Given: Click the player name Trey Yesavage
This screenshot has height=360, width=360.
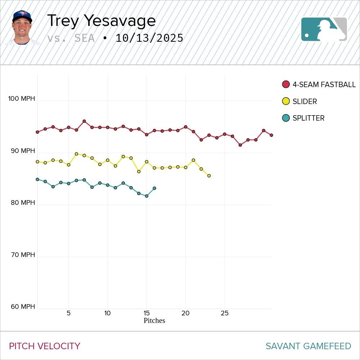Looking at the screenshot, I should [101, 21].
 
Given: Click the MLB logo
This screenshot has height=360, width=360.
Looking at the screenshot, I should [324, 29].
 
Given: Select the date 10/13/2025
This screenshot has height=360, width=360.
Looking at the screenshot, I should [149, 38].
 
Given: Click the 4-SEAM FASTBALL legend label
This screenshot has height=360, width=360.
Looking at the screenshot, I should [324, 85].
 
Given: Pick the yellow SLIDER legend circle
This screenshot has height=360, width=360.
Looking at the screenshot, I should [286, 102].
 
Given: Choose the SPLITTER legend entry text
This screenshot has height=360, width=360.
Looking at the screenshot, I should [309, 118].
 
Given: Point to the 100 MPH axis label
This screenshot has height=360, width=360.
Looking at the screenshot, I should [22, 99].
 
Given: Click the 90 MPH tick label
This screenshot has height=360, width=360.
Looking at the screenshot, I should [23, 150].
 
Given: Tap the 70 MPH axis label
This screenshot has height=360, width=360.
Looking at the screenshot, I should [23, 255].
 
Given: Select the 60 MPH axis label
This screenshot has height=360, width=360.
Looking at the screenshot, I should [23, 307].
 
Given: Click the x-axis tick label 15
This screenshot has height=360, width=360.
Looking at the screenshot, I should [147, 313].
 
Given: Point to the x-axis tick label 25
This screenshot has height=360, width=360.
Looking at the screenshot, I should [225, 313].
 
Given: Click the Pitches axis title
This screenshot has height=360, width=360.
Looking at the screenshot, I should [154, 320].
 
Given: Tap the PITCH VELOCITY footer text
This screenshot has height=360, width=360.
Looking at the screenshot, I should [45, 346].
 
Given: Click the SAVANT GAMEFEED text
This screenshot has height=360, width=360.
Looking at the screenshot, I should [308, 346].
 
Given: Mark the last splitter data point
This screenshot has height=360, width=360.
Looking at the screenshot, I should [154, 188].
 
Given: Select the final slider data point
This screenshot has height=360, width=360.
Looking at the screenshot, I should [209, 176].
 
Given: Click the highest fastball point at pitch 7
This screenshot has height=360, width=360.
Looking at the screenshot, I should [84, 121].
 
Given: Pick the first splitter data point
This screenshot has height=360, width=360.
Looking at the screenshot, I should [37, 179].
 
